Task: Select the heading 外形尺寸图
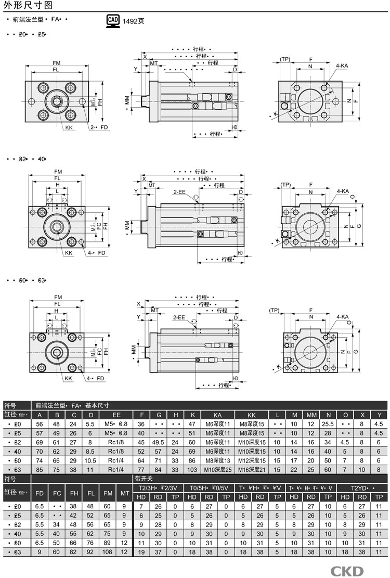pyautogui.click(x=28, y=6)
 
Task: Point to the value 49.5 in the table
pyautogui.click(x=158, y=442)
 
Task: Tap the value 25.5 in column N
pyautogui.click(x=328, y=424)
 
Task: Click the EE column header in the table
pyautogui.click(x=116, y=415)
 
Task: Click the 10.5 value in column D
pyautogui.click(x=91, y=461)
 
